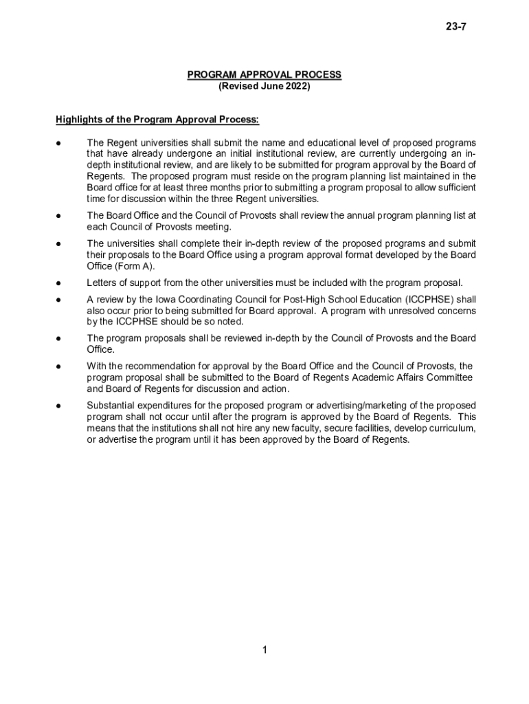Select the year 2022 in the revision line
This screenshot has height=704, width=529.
297,87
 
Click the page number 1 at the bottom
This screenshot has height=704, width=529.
264,650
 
